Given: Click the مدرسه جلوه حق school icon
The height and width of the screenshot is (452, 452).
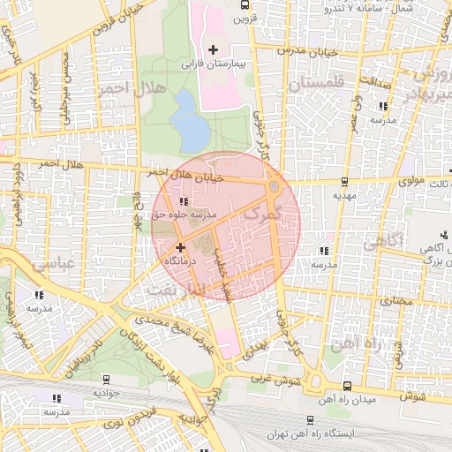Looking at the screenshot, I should [x=183, y=202].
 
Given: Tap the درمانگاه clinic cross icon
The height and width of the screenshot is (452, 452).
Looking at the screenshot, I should [x=181, y=248].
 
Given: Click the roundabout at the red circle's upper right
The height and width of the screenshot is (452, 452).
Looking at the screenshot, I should [x=274, y=187].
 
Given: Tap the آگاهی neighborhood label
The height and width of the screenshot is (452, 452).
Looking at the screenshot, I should [x=384, y=239].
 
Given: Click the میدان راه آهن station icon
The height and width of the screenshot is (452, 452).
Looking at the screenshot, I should [x=347, y=385].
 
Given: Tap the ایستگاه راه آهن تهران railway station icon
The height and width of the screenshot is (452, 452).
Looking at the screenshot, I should [x=310, y=420].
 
